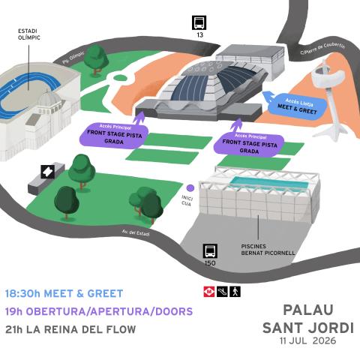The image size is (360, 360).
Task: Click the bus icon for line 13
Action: (x=199, y=22)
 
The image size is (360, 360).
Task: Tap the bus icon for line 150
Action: (x=210, y=251)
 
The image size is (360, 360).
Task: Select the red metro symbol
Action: (x=209, y=292)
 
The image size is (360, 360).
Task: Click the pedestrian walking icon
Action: (x=235, y=292)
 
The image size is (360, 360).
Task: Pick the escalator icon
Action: (x=222, y=292)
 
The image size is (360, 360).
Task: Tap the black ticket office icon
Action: (x=48, y=172)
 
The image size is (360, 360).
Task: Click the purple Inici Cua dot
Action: (x=190, y=187)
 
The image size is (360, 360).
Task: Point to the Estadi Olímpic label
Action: (x=29, y=34)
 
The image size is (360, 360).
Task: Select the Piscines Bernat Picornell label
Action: (x=268, y=250)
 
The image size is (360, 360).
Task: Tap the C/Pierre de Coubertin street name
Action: (x=322, y=49)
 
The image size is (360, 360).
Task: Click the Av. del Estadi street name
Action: (x=136, y=233)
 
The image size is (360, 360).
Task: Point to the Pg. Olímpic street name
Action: (x=73, y=58)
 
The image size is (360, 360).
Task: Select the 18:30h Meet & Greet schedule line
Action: (x=64, y=293)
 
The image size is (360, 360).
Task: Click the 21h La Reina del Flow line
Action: (x=70, y=329)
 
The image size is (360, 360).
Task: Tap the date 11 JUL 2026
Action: (x=308, y=340)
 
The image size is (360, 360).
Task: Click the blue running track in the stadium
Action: (x=28, y=96)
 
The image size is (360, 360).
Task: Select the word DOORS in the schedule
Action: (x=174, y=311)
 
